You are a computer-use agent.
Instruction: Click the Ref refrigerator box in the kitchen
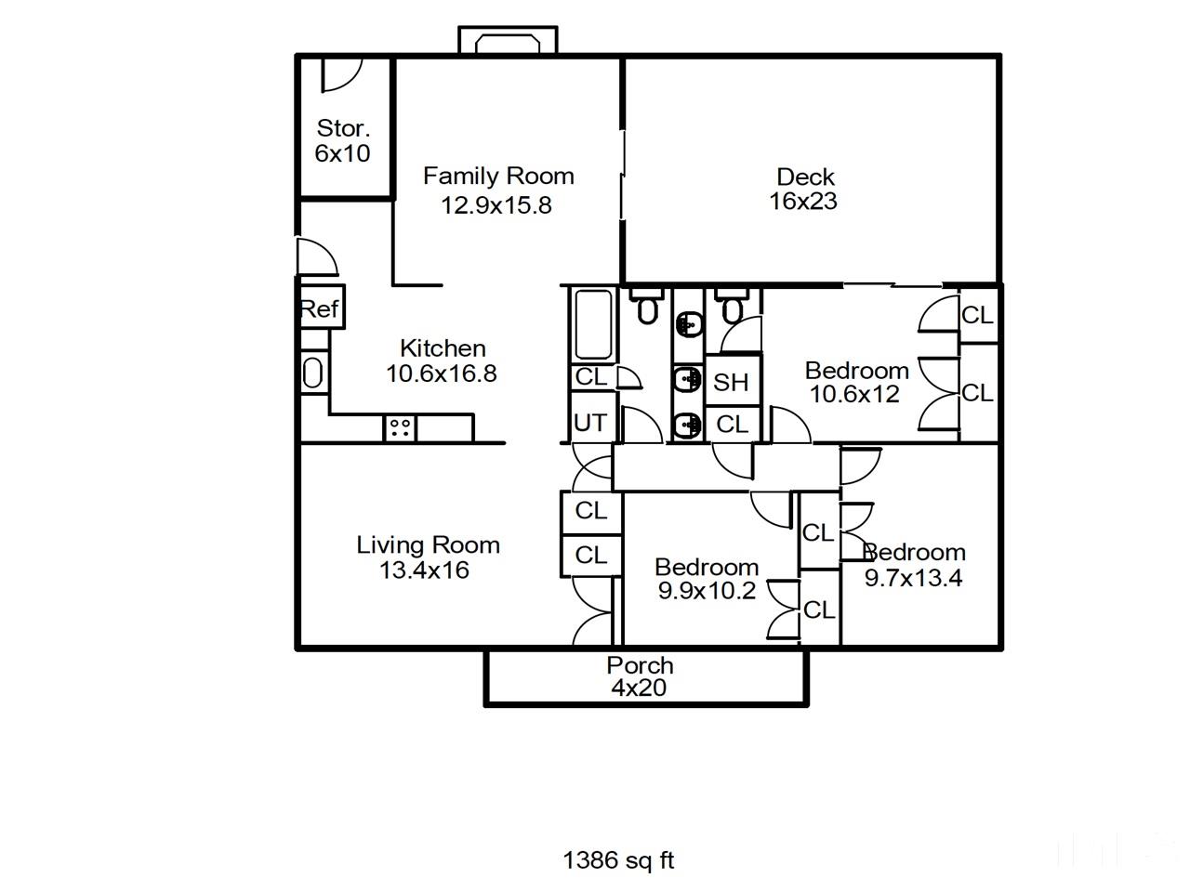(321, 307)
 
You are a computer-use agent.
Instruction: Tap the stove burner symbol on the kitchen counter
(400, 427)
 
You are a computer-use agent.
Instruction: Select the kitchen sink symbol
(312, 373)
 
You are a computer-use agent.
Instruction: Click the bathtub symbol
(593, 324)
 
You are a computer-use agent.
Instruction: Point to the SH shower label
(730, 383)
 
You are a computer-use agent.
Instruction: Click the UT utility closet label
(590, 423)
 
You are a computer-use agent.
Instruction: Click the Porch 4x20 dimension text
(639, 688)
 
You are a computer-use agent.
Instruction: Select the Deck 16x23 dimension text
(803, 201)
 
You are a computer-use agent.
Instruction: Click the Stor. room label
(343, 128)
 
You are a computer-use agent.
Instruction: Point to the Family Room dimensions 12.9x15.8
(496, 205)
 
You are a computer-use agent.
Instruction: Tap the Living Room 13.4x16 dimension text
(424, 570)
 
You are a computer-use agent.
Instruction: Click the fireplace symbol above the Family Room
(508, 40)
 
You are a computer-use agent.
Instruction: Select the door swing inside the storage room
(342, 75)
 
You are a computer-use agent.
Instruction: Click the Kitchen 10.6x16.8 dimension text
(442, 373)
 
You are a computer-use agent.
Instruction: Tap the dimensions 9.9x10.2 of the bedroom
(707, 591)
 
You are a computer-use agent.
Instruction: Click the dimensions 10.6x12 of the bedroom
(854, 394)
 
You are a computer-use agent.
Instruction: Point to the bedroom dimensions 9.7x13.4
(913, 578)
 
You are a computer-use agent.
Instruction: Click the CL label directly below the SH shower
(732, 425)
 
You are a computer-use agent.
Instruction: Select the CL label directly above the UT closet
(590, 376)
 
